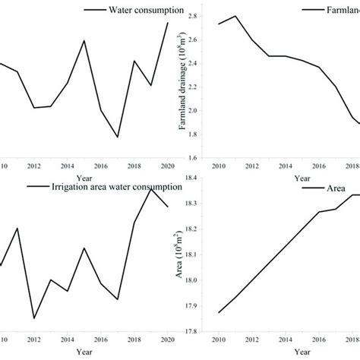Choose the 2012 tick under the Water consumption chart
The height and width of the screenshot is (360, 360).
point(34,166)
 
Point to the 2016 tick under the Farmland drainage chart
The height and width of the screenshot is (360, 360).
point(317,167)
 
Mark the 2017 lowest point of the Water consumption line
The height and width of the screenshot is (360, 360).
point(117,137)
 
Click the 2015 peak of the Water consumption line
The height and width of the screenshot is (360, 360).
point(84,40)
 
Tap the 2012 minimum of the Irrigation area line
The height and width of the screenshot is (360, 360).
point(34,318)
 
